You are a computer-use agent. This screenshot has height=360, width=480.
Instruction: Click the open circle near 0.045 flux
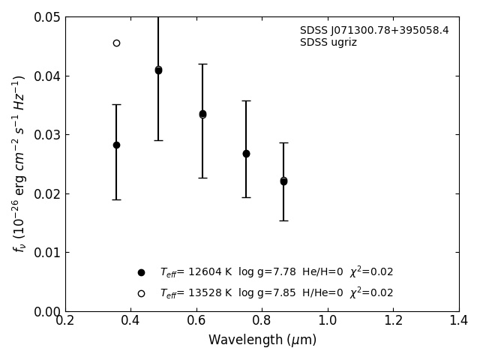click(x=116, y=43)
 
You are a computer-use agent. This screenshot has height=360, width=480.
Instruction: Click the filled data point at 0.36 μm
click(x=116, y=145)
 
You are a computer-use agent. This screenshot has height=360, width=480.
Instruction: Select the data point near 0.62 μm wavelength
click(x=202, y=114)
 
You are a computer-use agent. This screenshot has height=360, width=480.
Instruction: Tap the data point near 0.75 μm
click(x=246, y=153)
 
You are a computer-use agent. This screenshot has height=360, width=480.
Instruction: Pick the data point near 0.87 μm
click(x=283, y=181)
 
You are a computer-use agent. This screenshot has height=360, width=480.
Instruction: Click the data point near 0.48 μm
click(x=158, y=70)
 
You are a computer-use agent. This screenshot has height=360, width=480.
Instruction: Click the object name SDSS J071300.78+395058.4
click(x=374, y=31)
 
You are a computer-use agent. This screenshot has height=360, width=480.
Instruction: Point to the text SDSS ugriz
click(x=328, y=43)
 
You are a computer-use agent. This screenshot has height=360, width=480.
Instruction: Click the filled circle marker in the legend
click(x=141, y=272)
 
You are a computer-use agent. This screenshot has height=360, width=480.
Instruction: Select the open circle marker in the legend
click(x=141, y=293)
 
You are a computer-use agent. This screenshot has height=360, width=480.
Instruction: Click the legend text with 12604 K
click(x=276, y=272)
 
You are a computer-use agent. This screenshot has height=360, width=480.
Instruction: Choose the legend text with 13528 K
click(x=276, y=293)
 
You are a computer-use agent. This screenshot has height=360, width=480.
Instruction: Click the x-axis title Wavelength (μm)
click(x=262, y=340)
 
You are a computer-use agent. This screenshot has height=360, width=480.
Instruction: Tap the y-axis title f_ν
click(x=19, y=163)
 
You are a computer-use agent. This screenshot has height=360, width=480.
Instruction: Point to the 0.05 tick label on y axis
click(x=48, y=17)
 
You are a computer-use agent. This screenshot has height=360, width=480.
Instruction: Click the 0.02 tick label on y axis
click(x=48, y=193)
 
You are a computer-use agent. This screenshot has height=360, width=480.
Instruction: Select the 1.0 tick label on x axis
click(x=328, y=321)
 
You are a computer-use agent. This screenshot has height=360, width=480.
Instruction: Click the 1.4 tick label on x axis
click(x=459, y=321)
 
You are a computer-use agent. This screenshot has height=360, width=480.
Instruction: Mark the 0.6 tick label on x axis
click(x=196, y=321)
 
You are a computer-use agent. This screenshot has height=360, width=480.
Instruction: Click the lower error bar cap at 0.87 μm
click(x=283, y=220)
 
